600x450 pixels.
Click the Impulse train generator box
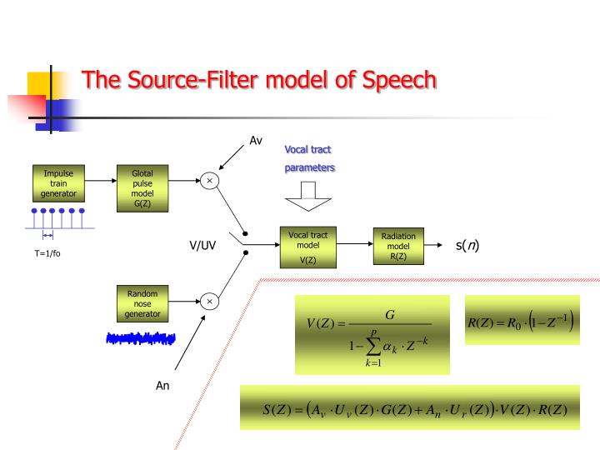58,183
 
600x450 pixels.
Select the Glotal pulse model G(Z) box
142,187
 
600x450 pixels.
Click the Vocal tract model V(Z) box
309,247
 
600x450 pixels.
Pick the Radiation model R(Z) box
398,246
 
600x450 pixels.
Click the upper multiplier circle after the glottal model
209,180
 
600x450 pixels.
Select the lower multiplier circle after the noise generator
209,301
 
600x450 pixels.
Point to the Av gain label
257,141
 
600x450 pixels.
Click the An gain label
163,386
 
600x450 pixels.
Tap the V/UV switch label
202,246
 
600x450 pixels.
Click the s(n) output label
467,245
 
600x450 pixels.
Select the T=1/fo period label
47,254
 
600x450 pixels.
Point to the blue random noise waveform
142,338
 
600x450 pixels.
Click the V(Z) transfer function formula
372,335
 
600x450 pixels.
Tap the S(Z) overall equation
409,407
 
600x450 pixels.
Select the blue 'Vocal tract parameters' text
309,158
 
